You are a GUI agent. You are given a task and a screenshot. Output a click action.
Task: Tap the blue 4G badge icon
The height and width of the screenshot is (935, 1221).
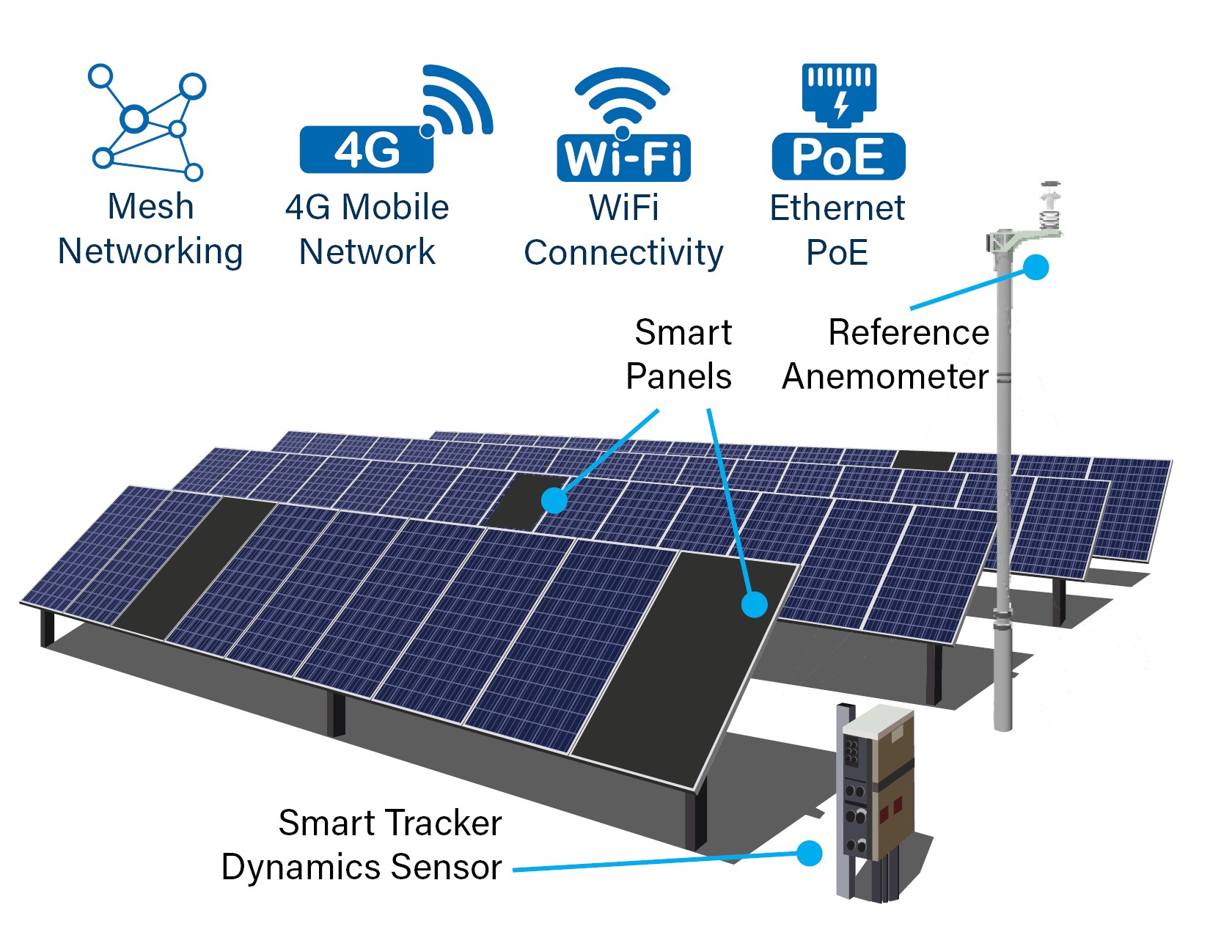click(366, 150)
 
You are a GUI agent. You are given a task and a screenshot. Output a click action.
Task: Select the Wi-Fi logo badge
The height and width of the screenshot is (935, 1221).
click(623, 157)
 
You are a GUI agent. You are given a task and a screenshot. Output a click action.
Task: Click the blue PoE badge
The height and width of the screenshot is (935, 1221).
click(838, 156)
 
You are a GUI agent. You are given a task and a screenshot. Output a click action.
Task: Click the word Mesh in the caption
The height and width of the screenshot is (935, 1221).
click(150, 207)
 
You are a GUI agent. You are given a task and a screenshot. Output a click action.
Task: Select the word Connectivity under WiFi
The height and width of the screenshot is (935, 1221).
click(623, 253)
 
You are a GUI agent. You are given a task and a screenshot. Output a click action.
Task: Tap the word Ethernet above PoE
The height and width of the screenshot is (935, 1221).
click(837, 208)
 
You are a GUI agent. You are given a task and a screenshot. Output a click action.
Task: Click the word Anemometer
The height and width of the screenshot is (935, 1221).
click(885, 377)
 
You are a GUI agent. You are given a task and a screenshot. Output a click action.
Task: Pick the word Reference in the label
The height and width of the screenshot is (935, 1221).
click(908, 333)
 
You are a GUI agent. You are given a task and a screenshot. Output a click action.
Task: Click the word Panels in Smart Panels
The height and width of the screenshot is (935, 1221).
click(678, 377)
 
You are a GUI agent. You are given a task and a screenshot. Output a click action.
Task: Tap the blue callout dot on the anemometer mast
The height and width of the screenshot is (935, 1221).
click(1035, 267)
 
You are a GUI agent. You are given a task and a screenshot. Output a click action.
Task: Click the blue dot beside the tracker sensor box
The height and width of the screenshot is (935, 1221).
click(809, 853)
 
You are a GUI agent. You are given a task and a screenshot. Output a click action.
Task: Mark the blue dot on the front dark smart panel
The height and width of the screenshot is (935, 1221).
click(754, 604)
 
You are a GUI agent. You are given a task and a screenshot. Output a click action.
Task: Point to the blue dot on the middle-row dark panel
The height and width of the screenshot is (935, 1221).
click(554, 501)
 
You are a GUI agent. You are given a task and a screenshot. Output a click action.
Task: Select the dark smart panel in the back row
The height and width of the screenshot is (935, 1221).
click(923, 460)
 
